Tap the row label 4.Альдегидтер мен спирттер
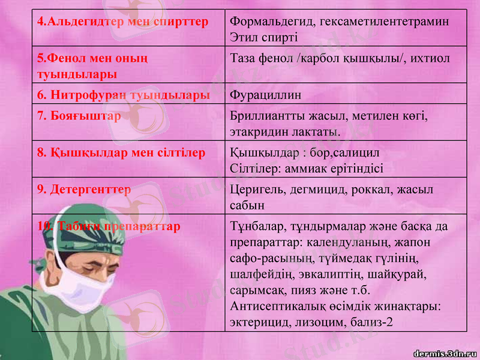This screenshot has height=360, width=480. (x=122, y=22)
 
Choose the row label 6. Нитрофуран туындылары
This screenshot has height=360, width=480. (x=124, y=95)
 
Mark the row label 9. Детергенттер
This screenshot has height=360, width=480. (x=84, y=190)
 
